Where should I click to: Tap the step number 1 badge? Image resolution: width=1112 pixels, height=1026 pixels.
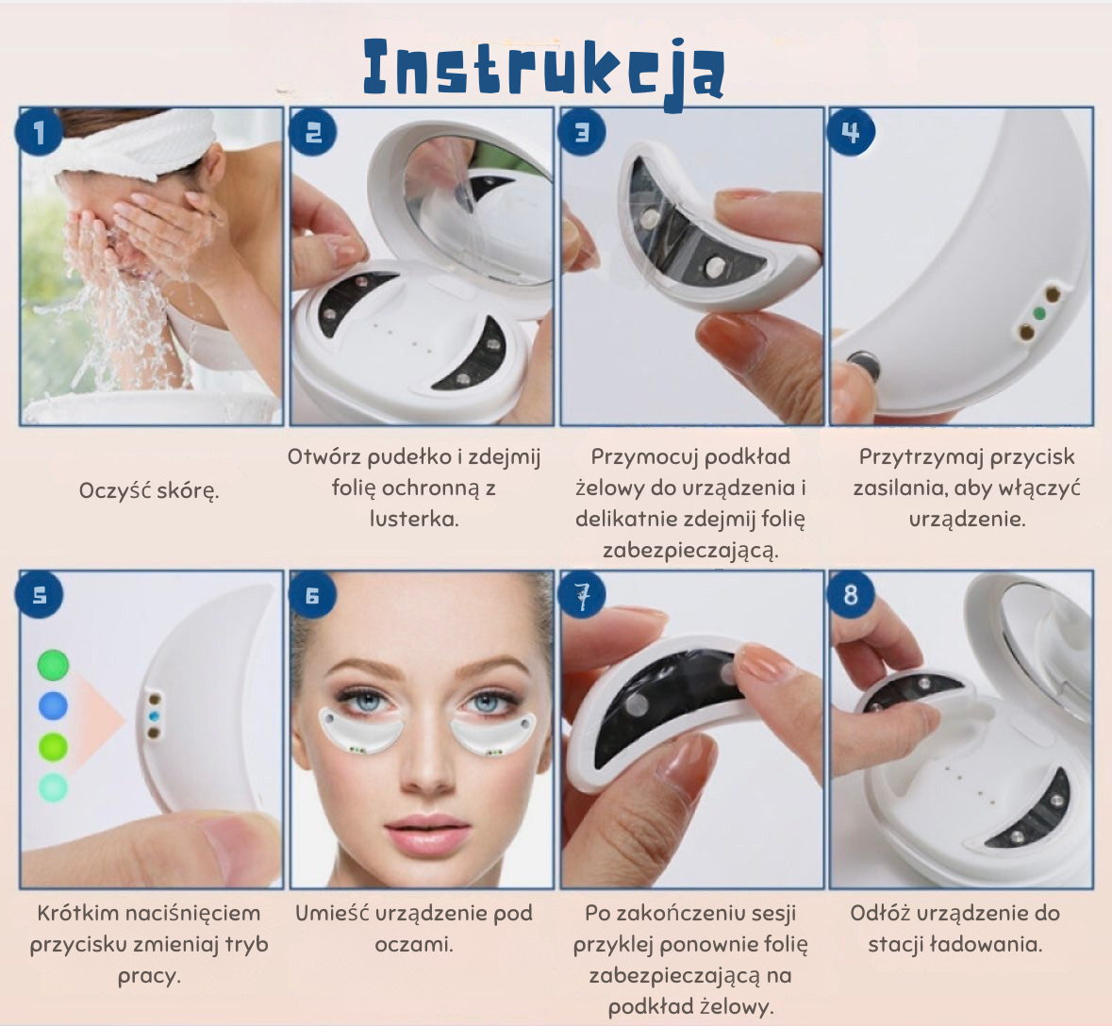(x=39, y=132)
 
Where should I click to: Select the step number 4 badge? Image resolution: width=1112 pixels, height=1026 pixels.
(x=851, y=131)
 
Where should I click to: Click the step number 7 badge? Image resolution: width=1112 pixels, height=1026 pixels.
(x=582, y=594)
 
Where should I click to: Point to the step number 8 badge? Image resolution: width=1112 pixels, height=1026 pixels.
(x=851, y=594)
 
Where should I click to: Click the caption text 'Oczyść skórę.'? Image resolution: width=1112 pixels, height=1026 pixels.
(x=149, y=490)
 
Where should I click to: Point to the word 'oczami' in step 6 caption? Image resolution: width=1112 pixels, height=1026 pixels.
(x=411, y=945)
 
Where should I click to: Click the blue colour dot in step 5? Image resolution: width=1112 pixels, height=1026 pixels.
(x=53, y=705)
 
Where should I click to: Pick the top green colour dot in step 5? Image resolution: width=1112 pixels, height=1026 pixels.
(x=53, y=665)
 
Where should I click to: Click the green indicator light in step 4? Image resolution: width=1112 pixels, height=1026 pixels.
(x=1039, y=313)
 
